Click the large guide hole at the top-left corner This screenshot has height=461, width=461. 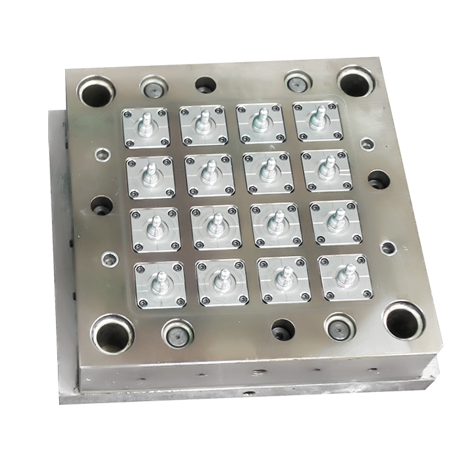pyautogui.click(x=95, y=90)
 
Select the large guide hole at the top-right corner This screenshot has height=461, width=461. pyautogui.click(x=356, y=81)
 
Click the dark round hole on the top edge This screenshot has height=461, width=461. pyautogui.click(x=205, y=85)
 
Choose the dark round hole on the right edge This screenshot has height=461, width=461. pyautogui.click(x=378, y=179)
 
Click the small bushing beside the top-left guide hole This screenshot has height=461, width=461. pyautogui.click(x=151, y=86)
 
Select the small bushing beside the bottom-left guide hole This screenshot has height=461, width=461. pyautogui.click(x=176, y=333)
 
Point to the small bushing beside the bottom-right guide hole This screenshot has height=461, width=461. pyautogui.click(x=340, y=326)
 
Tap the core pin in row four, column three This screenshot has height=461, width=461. pyautogui.click(x=283, y=277)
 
